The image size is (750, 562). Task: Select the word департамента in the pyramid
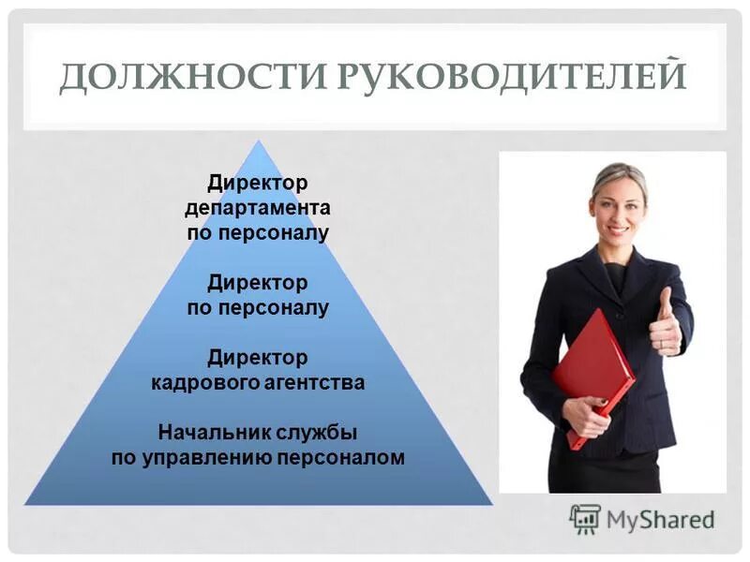[x=258, y=206]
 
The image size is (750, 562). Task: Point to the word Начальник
[x=215, y=433]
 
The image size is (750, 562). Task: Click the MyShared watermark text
[x=660, y=519]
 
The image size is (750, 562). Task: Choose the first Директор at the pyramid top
[x=258, y=180]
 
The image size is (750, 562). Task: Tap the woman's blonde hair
[x=619, y=173]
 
